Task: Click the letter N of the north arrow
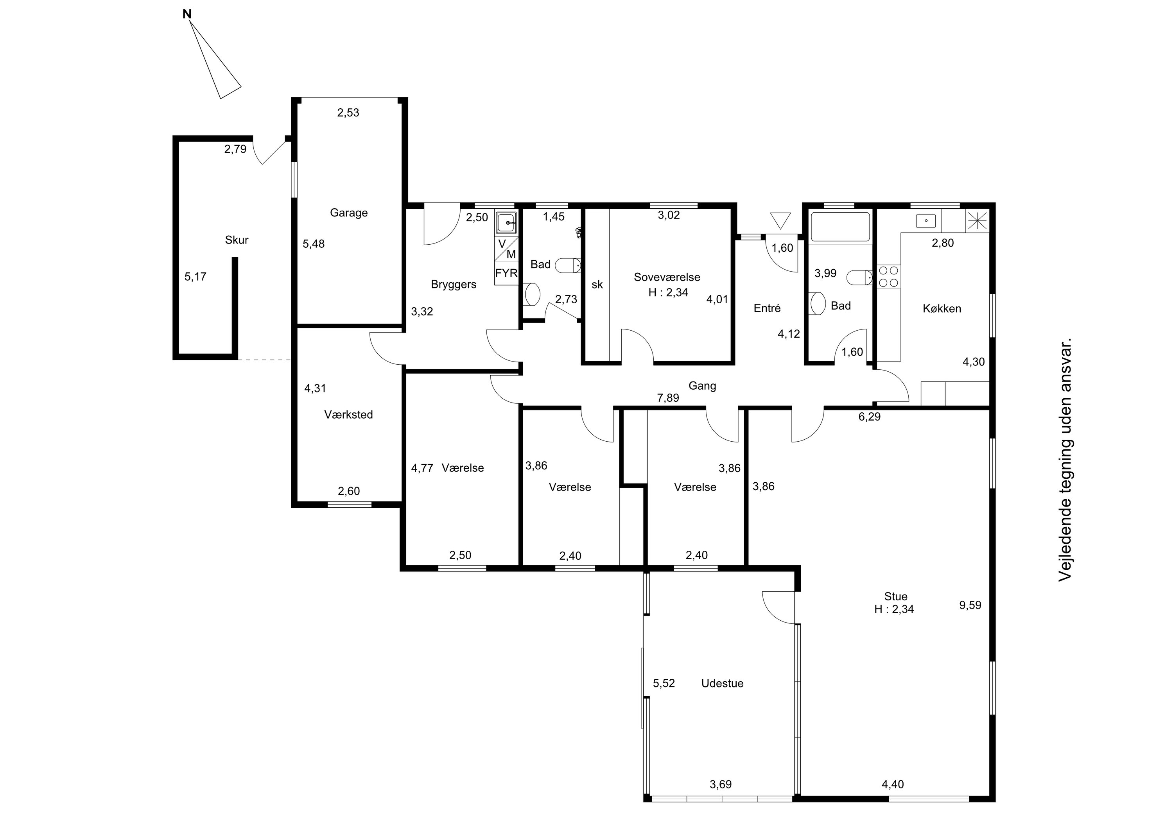click(187, 14)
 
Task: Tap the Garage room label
click(348, 213)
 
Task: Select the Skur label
click(237, 240)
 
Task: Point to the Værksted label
click(348, 415)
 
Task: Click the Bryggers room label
click(453, 285)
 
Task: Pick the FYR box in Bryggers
click(506, 273)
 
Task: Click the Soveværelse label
click(667, 277)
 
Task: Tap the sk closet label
click(597, 285)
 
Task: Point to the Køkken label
click(942, 308)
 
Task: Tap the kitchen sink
click(926, 221)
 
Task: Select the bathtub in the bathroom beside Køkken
click(840, 226)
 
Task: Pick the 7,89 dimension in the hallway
click(668, 398)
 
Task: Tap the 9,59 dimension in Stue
click(970, 605)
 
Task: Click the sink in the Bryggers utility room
click(506, 223)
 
